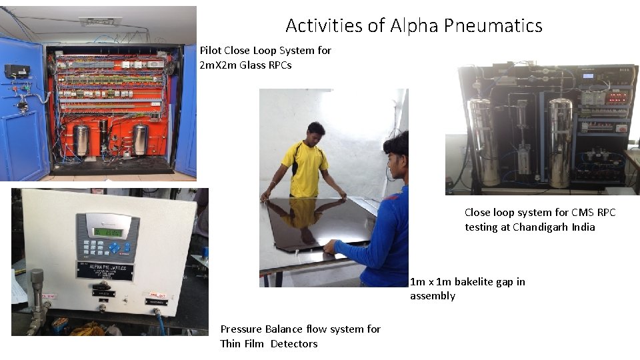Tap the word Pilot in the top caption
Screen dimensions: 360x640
[211, 51]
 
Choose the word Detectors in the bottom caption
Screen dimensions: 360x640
[294, 344]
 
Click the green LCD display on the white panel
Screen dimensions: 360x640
[106, 233]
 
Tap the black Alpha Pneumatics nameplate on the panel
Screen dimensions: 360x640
[105, 270]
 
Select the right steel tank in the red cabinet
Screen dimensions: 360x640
[140, 138]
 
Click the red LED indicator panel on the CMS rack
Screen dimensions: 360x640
[617, 97]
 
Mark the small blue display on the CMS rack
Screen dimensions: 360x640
[588, 75]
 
